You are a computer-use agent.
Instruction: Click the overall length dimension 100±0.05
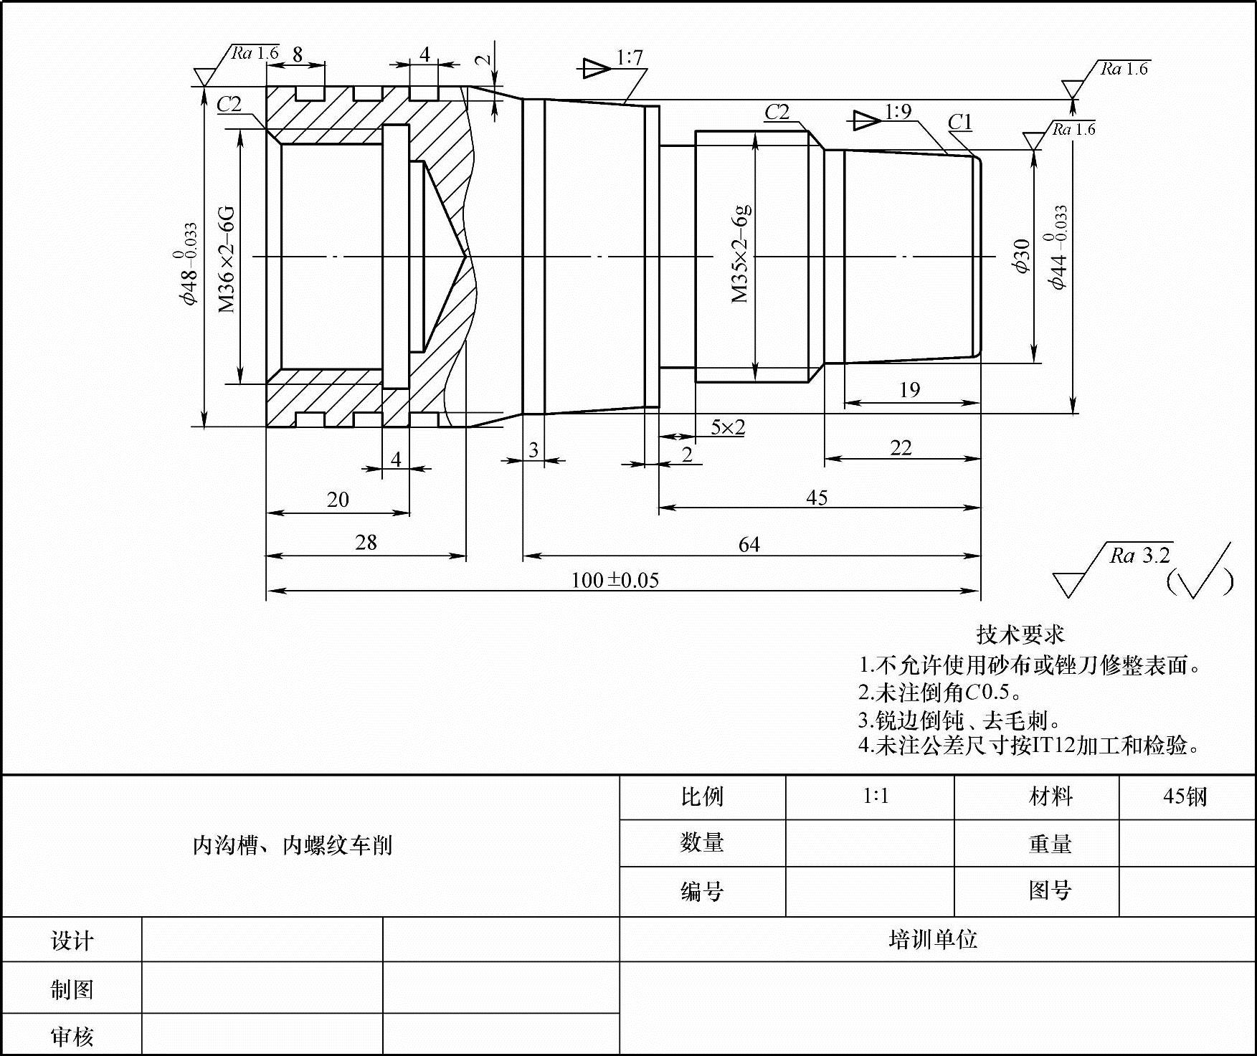click(615, 579)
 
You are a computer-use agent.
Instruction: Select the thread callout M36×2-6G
click(227, 259)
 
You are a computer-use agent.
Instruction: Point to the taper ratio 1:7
click(630, 57)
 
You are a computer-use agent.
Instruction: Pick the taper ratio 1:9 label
click(898, 112)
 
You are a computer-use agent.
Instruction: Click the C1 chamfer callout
click(960, 123)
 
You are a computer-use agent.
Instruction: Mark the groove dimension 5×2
click(728, 427)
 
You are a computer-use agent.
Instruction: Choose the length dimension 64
click(749, 545)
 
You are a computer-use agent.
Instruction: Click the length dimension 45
click(817, 498)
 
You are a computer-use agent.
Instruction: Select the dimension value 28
click(366, 543)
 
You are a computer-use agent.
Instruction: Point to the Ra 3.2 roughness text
click(1140, 556)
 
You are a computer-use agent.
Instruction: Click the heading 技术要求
click(1020, 634)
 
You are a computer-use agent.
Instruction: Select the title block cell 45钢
click(1185, 796)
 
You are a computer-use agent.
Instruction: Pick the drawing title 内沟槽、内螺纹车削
click(293, 845)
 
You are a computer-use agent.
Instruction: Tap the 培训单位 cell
click(933, 939)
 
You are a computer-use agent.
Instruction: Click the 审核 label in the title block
click(72, 1036)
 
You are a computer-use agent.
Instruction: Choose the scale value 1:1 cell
click(876, 796)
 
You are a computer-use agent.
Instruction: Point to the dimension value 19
click(909, 390)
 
